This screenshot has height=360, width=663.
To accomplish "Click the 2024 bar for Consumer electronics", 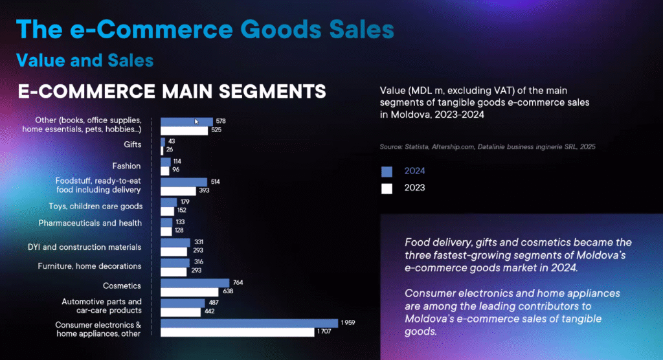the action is coord(249,323).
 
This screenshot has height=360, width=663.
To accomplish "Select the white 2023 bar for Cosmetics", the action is coord(190,292).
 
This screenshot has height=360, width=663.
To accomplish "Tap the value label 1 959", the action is coord(348,323).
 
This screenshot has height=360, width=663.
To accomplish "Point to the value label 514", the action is coord(215,182).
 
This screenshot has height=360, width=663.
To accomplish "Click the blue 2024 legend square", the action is coord(387,172).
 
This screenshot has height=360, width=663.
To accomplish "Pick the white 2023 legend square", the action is coord(387,188).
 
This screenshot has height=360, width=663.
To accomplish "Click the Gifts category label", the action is coord(132,144).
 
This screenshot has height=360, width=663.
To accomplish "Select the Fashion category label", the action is coord(126,166).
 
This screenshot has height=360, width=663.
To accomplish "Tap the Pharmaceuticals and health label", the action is coord(90,223).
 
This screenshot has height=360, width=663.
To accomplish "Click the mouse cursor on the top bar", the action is coord(196,122).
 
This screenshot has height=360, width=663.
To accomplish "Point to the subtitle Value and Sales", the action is coord(85,60).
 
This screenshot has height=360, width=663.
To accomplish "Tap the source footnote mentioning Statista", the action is coord(488,147).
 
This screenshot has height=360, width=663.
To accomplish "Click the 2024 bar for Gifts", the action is coord(163,142).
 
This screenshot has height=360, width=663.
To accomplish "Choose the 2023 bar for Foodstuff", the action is coord(179,191).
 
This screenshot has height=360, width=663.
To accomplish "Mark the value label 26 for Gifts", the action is coord(170,150).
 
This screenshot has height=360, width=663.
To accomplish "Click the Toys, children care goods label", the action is coord(96,207).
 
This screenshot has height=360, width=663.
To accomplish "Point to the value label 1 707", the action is coord(324,332).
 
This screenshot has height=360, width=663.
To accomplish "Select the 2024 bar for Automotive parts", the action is coord(183,303).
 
